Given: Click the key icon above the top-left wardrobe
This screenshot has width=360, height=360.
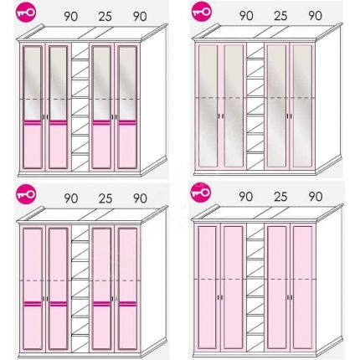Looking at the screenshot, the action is pos(27,13).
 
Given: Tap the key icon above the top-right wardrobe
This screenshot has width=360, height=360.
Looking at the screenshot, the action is pos(202,12).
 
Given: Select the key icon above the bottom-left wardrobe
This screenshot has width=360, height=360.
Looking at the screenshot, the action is pos(27,194).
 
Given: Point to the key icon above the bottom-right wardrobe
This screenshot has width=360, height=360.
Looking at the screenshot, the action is pos(201,193).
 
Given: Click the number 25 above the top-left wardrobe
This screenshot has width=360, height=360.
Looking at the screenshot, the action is pos(105,17).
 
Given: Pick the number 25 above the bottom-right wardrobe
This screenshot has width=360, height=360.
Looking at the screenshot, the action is pos(280,197).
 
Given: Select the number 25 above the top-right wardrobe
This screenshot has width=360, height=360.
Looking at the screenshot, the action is pos(280,16).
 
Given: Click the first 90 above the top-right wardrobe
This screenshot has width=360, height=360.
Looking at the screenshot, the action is pos(246,16).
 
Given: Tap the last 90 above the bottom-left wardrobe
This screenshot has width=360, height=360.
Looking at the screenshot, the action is pos(140,198).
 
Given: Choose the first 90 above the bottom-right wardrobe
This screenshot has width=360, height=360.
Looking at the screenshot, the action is pos(246,197).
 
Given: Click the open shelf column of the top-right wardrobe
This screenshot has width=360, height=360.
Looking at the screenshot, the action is pos(255,106).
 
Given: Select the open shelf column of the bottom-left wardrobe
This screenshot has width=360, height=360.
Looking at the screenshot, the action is pos(80,288).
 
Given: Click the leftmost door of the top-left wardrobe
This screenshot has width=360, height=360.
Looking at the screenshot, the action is pos(33,107).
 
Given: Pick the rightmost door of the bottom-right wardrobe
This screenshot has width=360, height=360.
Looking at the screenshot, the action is pos(302,287).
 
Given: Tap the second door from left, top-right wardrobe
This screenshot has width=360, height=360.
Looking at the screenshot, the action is pos(234,106).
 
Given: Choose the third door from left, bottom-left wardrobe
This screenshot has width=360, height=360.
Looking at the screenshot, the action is pos(101,288).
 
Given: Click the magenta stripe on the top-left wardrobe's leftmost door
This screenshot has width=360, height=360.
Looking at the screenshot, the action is pos(33,122).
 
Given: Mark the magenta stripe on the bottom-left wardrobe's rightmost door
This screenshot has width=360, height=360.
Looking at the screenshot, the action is pos(127,304).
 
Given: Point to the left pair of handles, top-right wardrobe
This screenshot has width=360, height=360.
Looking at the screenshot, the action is pos(221,116).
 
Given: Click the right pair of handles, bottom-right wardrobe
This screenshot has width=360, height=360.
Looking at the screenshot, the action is pos(290,297).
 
